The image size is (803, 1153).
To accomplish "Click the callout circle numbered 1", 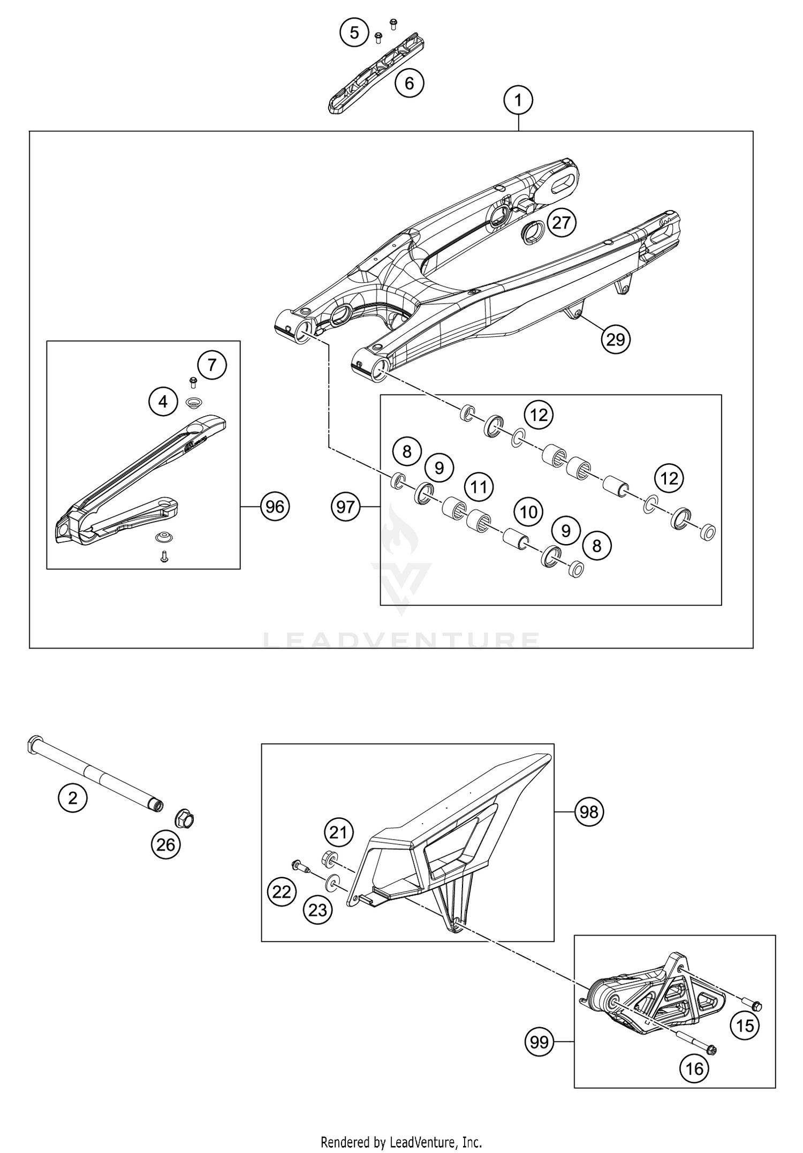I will pos(518,100).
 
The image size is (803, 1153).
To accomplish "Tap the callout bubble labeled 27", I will pos(562,222).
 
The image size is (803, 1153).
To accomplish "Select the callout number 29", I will pos(616,339).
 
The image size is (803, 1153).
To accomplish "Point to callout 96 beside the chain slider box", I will pos(275,506).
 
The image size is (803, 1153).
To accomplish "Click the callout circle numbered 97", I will pos(345,506).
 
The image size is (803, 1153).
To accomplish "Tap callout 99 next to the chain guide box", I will pos(539,1042).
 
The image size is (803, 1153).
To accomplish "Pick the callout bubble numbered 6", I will pos(409,83).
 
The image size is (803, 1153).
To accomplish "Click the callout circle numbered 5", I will pos(354,33).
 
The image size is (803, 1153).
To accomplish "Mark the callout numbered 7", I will pos(212,365).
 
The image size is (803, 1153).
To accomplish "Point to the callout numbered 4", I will pos(163,401).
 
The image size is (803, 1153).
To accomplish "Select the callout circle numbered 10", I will pos(528,512).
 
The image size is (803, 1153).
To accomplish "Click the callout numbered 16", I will pos(694,1069).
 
